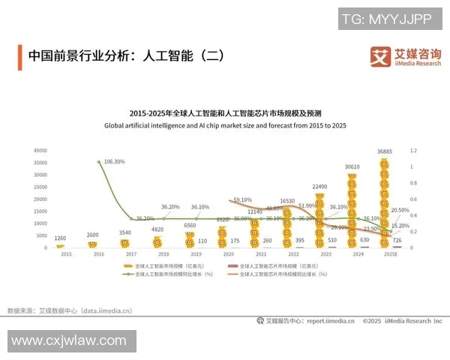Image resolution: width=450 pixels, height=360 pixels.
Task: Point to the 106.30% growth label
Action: point(114,162)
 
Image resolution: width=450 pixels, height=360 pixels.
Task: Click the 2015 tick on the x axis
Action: point(66,255)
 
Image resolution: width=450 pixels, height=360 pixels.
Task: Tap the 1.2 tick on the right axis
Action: point(413,151)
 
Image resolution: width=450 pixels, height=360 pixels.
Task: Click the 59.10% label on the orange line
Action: point(243,200)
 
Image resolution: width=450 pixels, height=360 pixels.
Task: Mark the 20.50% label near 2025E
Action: point(400,211)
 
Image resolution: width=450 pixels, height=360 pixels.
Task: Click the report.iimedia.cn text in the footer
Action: point(328,321)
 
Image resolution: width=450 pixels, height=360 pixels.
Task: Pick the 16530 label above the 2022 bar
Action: point(287,201)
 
